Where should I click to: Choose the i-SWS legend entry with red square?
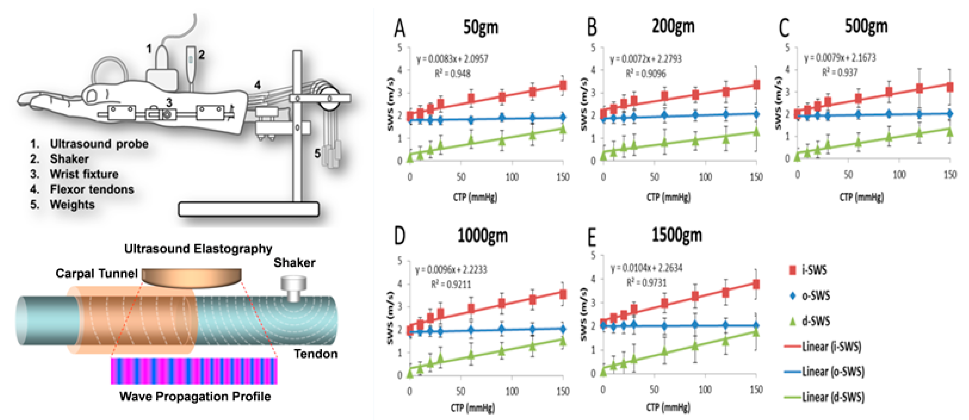tap(809, 270)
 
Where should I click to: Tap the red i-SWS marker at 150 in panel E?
tap(756, 284)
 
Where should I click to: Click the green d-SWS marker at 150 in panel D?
tap(563, 341)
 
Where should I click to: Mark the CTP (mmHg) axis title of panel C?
tap(861, 197)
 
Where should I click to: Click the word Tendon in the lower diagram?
tap(315, 354)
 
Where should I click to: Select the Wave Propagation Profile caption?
tap(195, 396)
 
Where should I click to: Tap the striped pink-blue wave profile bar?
tap(194, 371)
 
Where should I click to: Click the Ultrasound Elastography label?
tap(198, 249)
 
